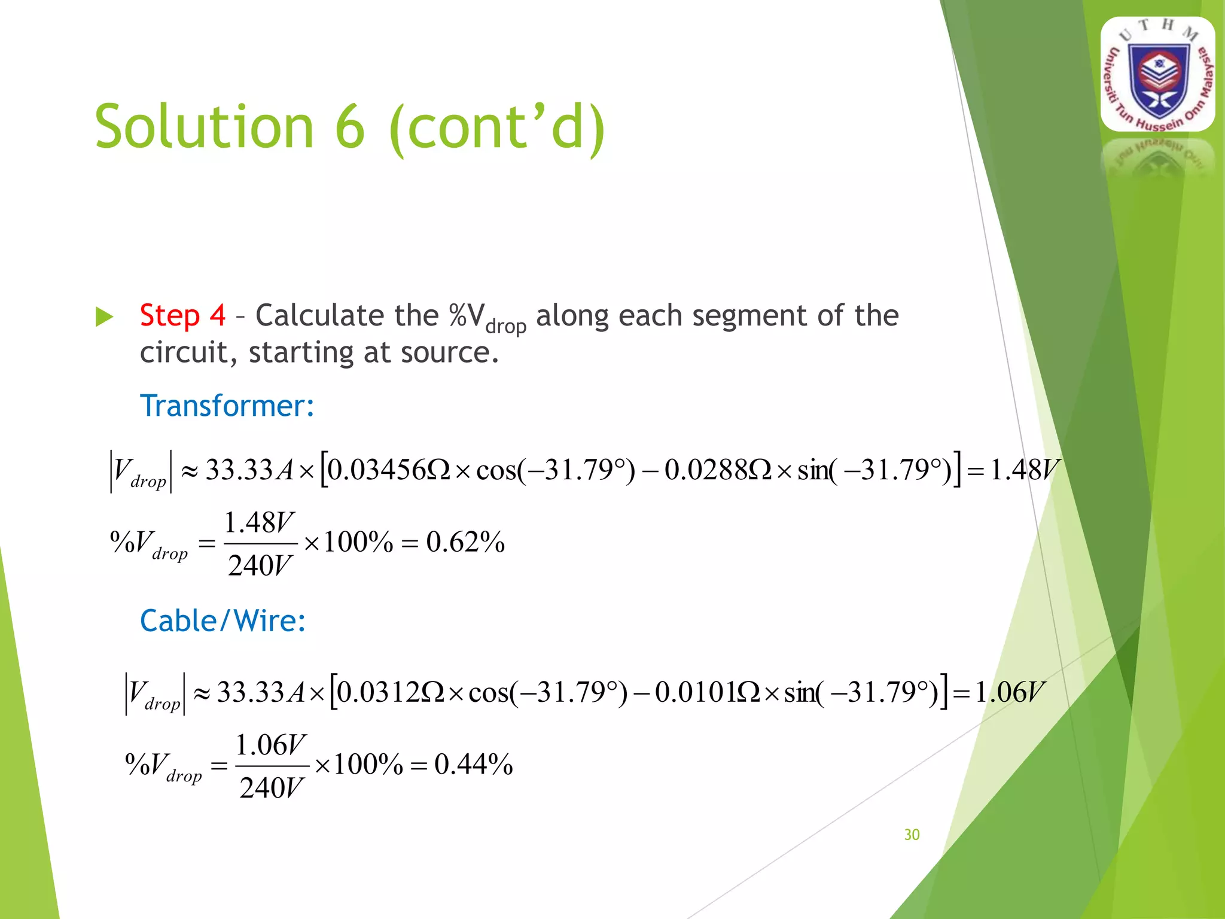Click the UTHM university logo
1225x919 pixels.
click(x=1158, y=74)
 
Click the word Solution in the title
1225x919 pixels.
click(x=204, y=127)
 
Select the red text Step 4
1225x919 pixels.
click(x=182, y=315)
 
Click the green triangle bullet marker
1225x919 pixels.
click(x=104, y=317)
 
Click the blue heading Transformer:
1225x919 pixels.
click(x=227, y=406)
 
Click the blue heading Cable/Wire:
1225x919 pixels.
click(x=223, y=620)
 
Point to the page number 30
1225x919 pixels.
click(x=912, y=835)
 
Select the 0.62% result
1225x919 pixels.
click(x=465, y=542)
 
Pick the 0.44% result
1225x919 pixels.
click(x=473, y=765)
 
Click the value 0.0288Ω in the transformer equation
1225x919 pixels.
click(x=718, y=470)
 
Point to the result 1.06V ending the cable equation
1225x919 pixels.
click(x=1010, y=692)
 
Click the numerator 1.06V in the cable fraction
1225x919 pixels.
click(x=271, y=745)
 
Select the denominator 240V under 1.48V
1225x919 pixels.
click(x=260, y=565)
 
